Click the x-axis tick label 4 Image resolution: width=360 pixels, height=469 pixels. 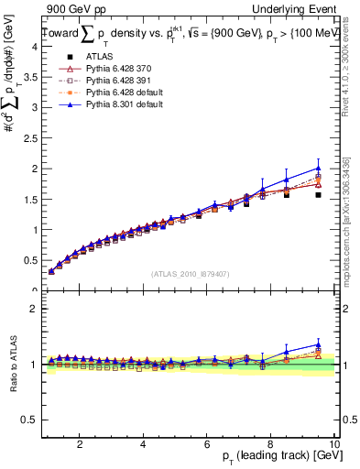point(143,443)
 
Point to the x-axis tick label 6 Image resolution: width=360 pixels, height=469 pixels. point(207,443)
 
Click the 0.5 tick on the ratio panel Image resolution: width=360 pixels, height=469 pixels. point(30,420)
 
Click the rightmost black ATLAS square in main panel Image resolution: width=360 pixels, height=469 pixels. point(318,194)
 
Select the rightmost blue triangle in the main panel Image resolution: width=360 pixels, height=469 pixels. point(318,168)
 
